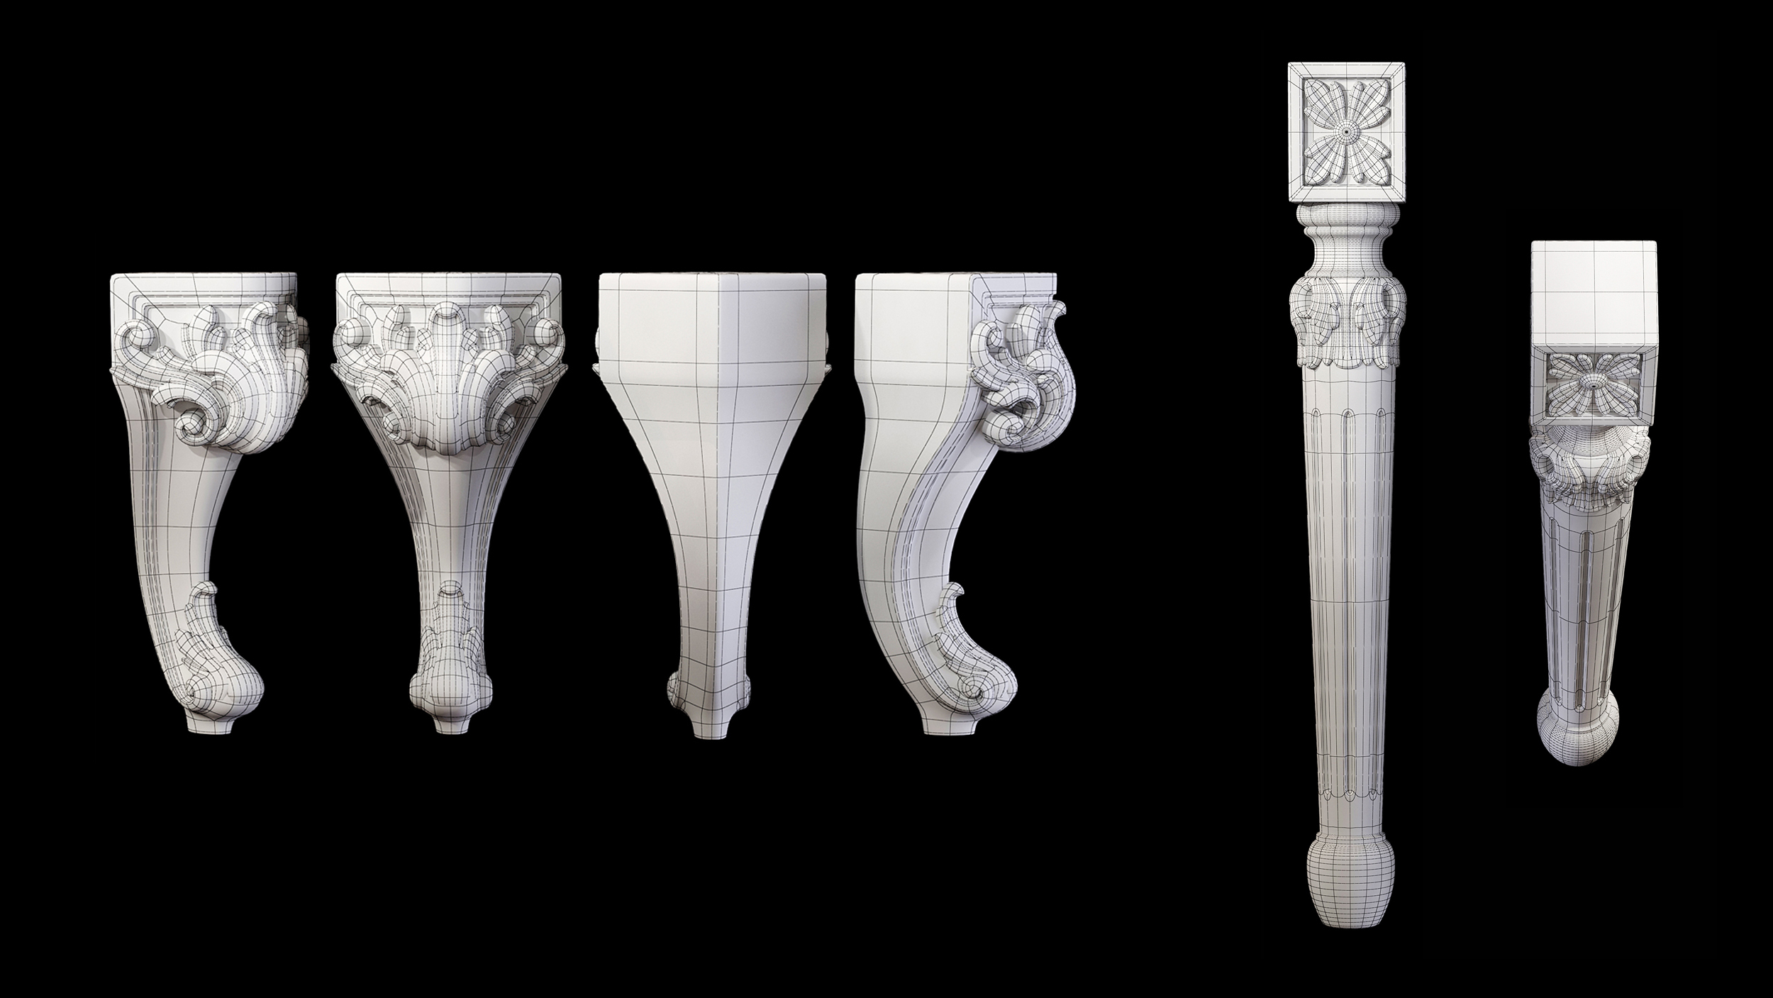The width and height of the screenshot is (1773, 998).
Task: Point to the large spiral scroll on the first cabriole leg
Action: [195, 426]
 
